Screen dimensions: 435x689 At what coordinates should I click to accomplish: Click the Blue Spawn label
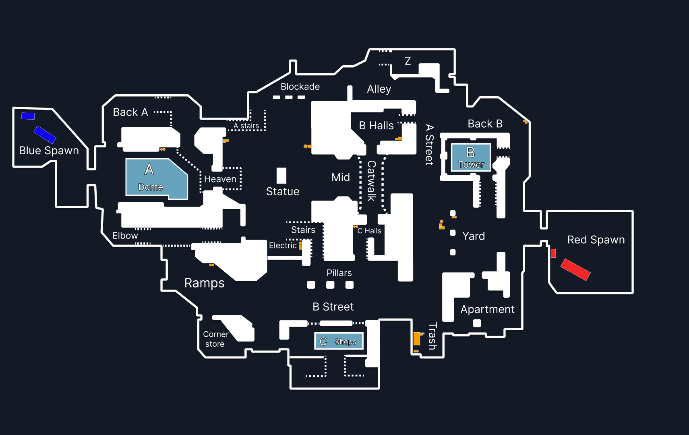(x=49, y=151)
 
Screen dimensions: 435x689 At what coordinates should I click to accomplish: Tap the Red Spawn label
(x=596, y=240)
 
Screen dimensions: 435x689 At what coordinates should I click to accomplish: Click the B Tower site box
(x=471, y=157)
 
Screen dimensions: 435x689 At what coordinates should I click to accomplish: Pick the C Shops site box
(x=339, y=341)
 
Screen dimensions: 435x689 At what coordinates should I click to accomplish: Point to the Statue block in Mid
(x=281, y=176)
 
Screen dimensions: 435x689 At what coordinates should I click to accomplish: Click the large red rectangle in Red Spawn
(x=575, y=269)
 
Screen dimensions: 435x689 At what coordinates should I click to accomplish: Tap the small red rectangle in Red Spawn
(x=553, y=253)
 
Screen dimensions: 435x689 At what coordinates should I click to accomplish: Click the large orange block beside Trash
(x=417, y=339)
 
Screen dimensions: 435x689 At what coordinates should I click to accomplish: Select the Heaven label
(x=220, y=179)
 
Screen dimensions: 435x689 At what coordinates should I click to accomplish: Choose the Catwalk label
(x=371, y=181)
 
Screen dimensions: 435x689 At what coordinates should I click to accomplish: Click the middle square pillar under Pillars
(x=330, y=285)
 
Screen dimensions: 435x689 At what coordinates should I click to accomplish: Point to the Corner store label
(x=215, y=339)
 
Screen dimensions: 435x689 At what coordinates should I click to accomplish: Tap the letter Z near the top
(x=408, y=61)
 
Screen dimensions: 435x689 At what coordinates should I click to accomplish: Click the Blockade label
(x=300, y=87)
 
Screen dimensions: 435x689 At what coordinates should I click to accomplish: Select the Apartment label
(x=487, y=309)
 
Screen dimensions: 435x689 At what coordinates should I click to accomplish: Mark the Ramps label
(x=204, y=283)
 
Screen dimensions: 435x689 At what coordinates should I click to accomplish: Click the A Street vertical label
(x=429, y=145)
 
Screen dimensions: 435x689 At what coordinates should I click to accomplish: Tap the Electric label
(x=283, y=246)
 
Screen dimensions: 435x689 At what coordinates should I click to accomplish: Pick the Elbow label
(x=125, y=236)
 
